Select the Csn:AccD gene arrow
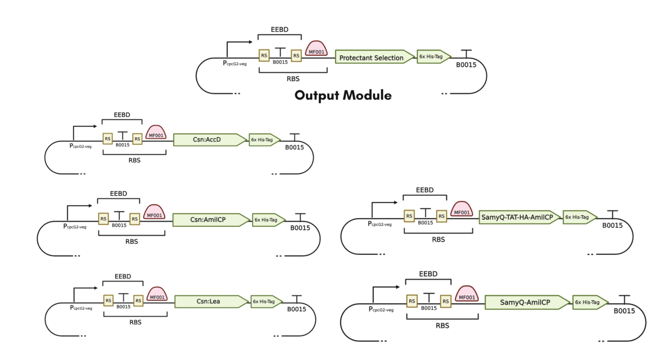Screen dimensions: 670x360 (x=210, y=140)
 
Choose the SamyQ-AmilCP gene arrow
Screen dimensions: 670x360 (x=527, y=302)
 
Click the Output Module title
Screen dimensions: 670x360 (x=343, y=95)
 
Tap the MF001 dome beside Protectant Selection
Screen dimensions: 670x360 (x=316, y=48)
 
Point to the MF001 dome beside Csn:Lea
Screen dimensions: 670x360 (x=157, y=294)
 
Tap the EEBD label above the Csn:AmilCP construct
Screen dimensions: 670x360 (x=118, y=194)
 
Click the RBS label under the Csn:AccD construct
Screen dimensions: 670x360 (x=135, y=160)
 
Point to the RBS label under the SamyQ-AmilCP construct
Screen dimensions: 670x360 (x=442, y=326)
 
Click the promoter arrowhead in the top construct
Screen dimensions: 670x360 (x=251, y=42)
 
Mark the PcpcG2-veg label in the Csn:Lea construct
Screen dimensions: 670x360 (x=81, y=308)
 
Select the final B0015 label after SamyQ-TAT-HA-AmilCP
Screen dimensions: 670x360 (x=613, y=225)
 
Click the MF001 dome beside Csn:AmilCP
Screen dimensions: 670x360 (x=154, y=212)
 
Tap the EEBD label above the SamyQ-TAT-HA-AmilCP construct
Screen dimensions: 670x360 (x=425, y=190)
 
